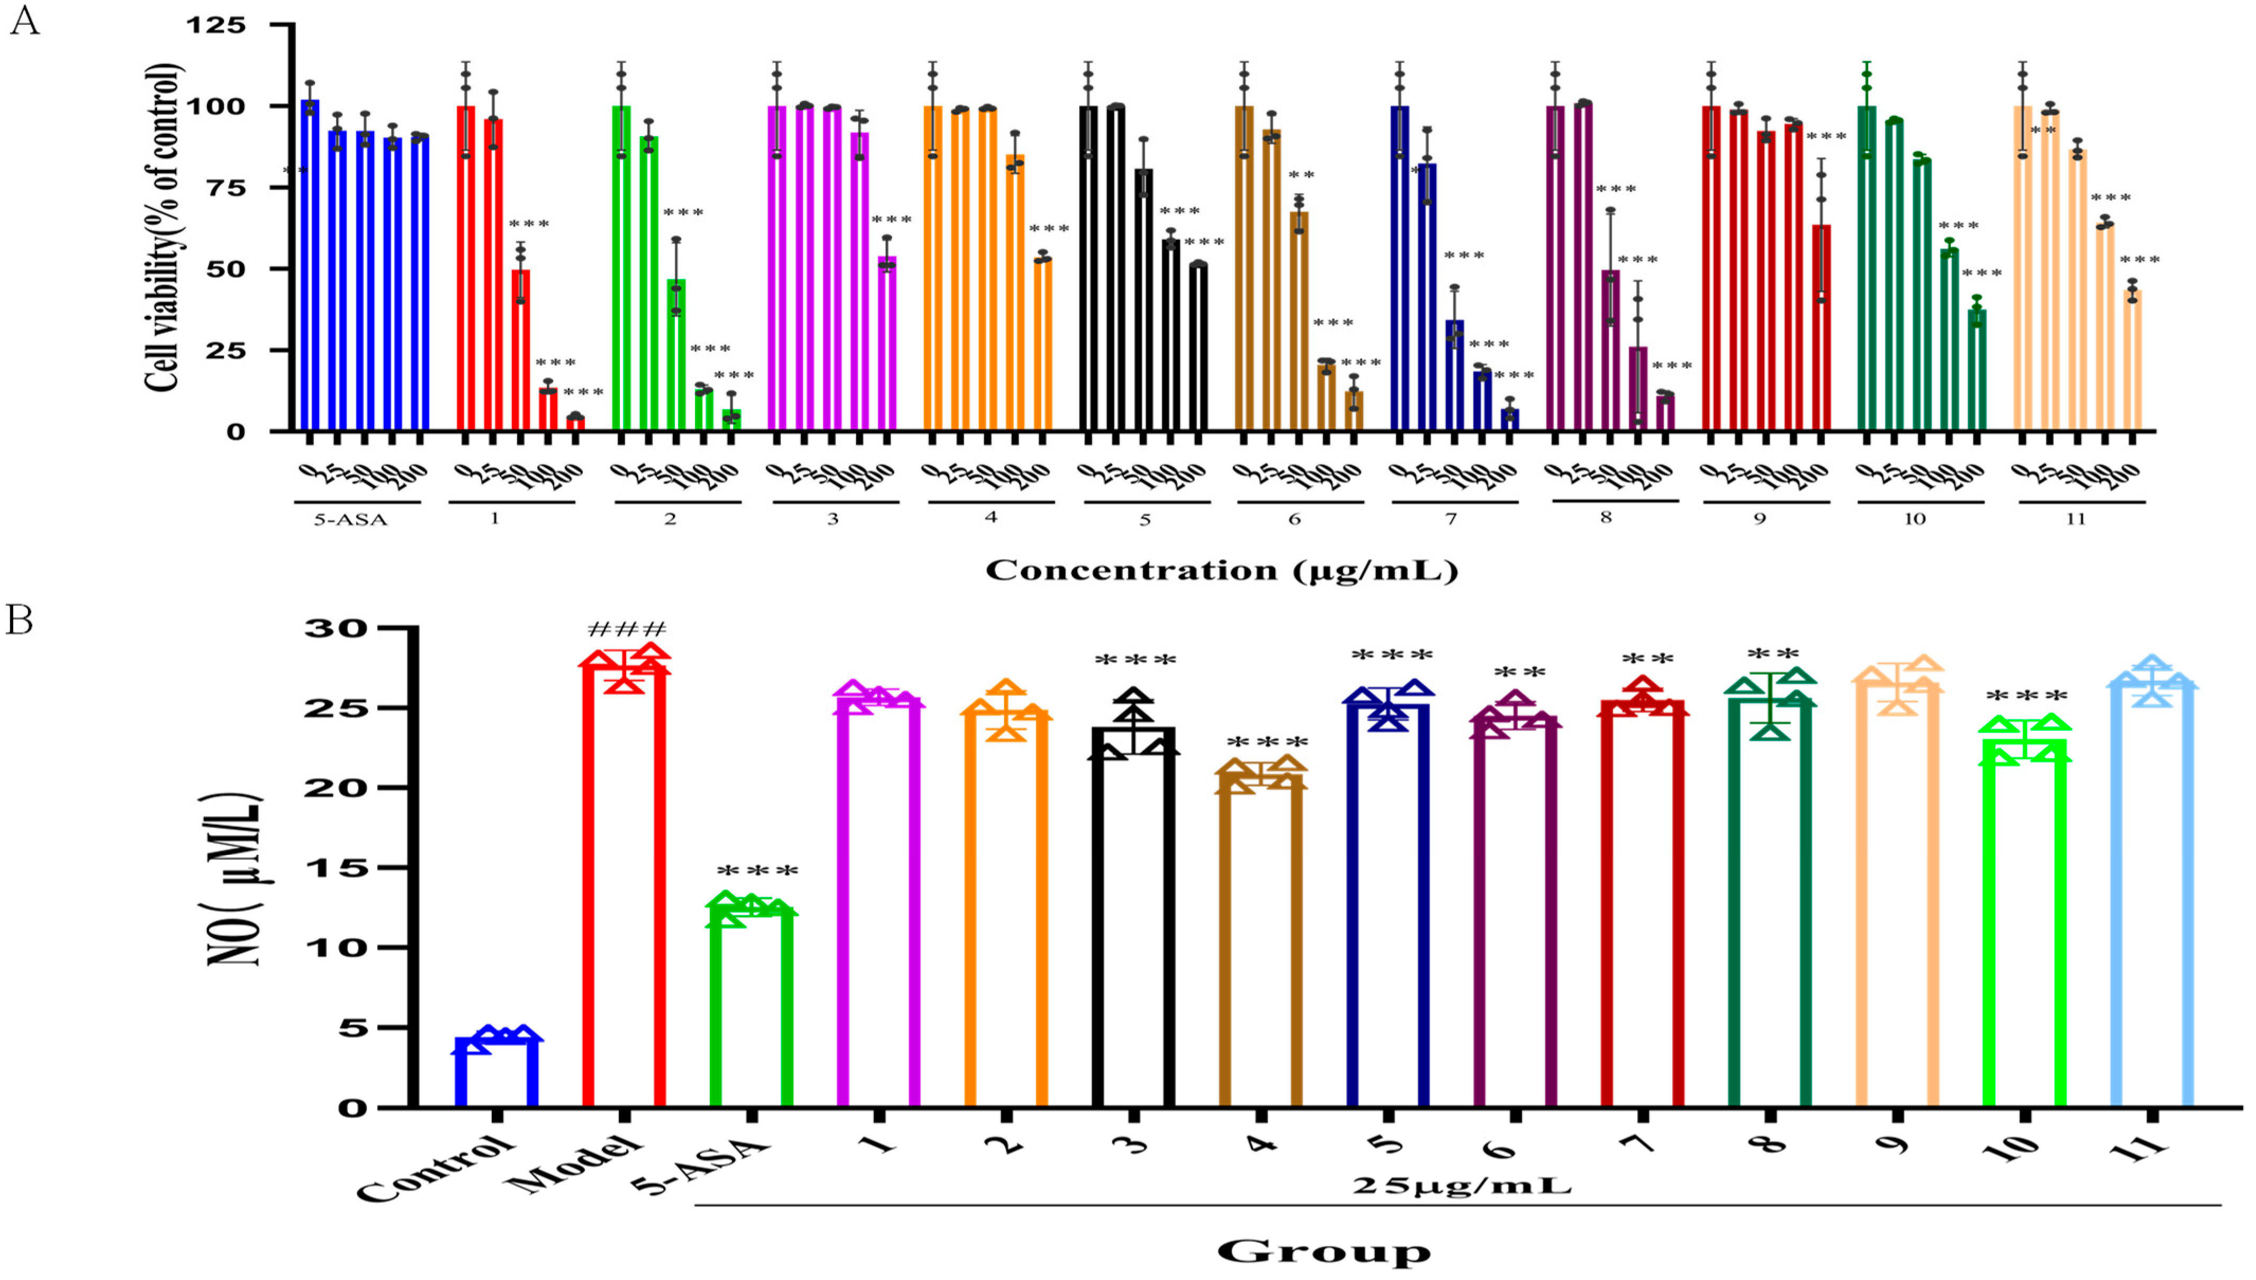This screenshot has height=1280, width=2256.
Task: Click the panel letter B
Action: click(x=20, y=621)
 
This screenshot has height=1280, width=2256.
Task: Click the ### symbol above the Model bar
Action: click(x=627, y=630)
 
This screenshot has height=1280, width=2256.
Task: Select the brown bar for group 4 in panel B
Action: click(x=1261, y=941)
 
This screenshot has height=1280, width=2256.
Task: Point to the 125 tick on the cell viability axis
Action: click(x=215, y=25)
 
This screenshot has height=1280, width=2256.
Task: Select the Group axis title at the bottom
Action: click(x=1324, y=1251)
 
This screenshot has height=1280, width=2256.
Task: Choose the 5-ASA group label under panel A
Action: click(x=351, y=520)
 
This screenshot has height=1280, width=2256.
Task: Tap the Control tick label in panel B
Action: click(x=435, y=1169)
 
